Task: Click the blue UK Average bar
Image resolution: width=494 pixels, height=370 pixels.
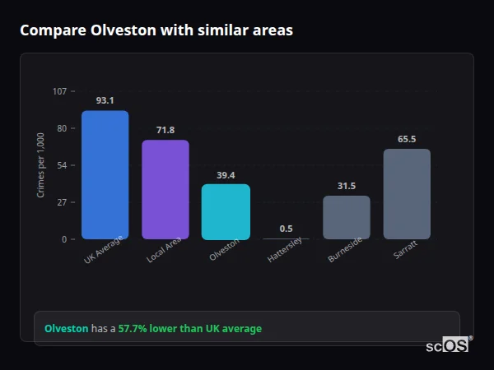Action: tap(105, 174)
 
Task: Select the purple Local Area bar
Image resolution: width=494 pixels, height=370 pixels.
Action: tap(165, 189)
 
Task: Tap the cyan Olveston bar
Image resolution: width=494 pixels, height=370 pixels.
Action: tap(226, 211)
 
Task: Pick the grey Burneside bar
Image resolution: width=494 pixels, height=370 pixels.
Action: tap(346, 217)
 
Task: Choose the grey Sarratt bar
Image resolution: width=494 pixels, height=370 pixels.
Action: tap(407, 194)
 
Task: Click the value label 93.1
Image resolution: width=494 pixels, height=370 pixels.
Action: tap(105, 100)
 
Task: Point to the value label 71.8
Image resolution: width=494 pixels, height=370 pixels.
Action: tap(165, 130)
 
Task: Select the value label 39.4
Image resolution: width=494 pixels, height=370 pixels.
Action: tap(226, 174)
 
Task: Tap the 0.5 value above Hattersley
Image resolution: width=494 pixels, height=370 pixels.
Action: tap(286, 229)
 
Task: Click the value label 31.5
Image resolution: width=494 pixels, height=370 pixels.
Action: tap(346, 186)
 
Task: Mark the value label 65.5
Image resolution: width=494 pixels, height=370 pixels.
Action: tap(407, 139)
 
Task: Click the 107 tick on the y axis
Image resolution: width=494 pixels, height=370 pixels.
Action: tap(59, 91)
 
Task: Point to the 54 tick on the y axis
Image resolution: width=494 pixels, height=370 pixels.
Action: tap(62, 165)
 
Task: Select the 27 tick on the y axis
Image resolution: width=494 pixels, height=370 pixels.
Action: tap(62, 202)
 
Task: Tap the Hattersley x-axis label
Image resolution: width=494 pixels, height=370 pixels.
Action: tap(285, 252)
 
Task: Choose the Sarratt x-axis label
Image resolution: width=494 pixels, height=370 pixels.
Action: tap(405, 250)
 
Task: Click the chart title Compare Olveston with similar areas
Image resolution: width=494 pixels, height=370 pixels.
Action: tap(156, 30)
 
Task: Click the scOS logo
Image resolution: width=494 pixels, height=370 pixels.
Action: tap(447, 345)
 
